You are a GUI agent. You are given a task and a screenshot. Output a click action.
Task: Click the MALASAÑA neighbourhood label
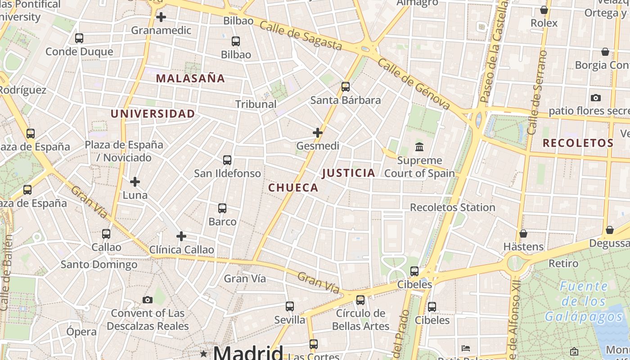click(190, 78)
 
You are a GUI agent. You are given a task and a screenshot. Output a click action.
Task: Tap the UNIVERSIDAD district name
click(153, 114)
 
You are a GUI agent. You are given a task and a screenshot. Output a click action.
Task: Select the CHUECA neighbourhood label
click(293, 188)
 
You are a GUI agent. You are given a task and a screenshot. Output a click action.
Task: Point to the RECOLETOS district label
click(578, 144)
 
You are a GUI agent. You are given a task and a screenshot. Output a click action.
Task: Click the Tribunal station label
click(256, 104)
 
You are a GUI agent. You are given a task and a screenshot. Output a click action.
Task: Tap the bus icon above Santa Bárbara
click(346, 87)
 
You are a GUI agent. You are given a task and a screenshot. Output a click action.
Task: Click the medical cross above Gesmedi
click(318, 133)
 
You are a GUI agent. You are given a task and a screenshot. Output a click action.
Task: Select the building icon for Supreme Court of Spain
click(419, 147)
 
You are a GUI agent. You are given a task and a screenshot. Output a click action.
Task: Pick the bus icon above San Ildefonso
click(227, 160)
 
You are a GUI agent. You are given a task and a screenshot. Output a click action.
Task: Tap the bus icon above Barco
click(222, 208)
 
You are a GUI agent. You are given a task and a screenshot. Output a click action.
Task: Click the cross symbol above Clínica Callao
click(181, 236)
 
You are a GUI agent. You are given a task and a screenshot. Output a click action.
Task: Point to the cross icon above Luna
click(135, 182)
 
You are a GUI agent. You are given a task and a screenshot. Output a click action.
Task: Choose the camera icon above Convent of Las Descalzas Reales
click(148, 300)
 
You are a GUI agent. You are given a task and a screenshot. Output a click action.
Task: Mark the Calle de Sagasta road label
click(301, 36)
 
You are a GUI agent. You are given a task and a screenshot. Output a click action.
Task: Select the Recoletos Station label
click(452, 207)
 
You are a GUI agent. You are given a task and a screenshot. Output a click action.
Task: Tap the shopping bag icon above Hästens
click(523, 234)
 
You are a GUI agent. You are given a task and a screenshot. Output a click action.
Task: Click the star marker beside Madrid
click(204, 354)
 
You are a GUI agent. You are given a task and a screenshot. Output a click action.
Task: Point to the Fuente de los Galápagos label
click(584, 301)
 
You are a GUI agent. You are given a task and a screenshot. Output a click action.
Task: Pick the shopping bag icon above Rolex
click(544, 10)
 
